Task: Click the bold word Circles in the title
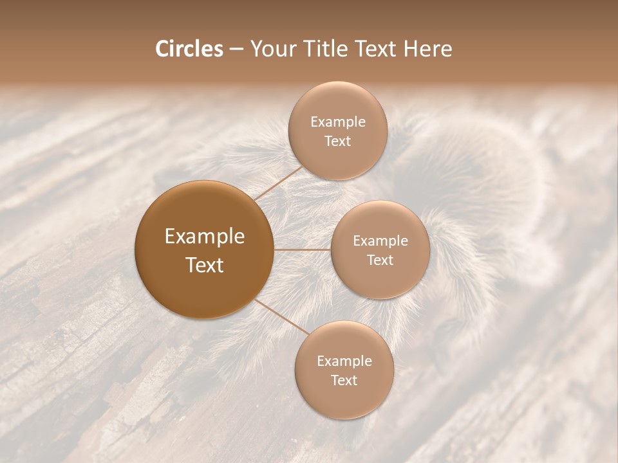click(x=189, y=49)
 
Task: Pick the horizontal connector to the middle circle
click(x=303, y=250)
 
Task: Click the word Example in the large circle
click(x=205, y=237)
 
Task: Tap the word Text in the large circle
click(x=205, y=265)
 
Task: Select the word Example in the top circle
click(x=338, y=122)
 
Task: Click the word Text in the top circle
click(x=337, y=141)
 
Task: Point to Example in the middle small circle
click(x=380, y=241)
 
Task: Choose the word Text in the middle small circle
click(x=380, y=260)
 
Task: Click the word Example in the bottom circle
click(x=344, y=361)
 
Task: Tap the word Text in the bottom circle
click(x=344, y=381)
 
